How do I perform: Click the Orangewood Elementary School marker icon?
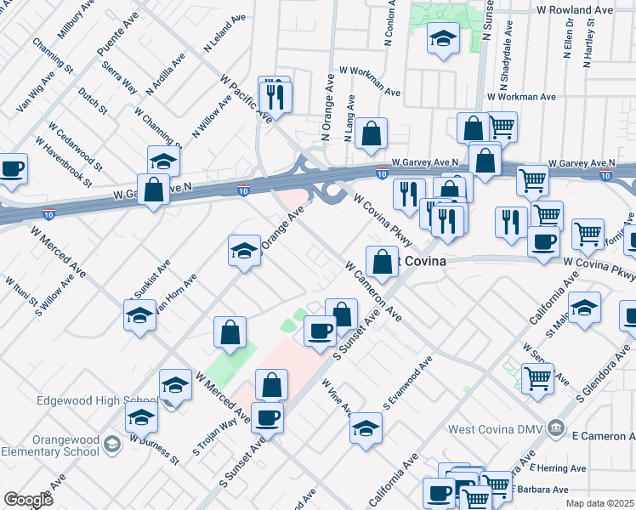pyautogui.click(x=111, y=444)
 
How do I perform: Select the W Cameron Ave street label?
pyautogui.click(x=372, y=290)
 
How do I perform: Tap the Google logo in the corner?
pyautogui.click(x=28, y=499)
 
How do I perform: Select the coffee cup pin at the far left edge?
pyautogui.click(x=11, y=168)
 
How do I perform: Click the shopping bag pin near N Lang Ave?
pyautogui.click(x=371, y=133)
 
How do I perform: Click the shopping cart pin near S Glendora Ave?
pyautogui.click(x=537, y=377)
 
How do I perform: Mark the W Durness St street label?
pyautogui.click(x=155, y=450)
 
